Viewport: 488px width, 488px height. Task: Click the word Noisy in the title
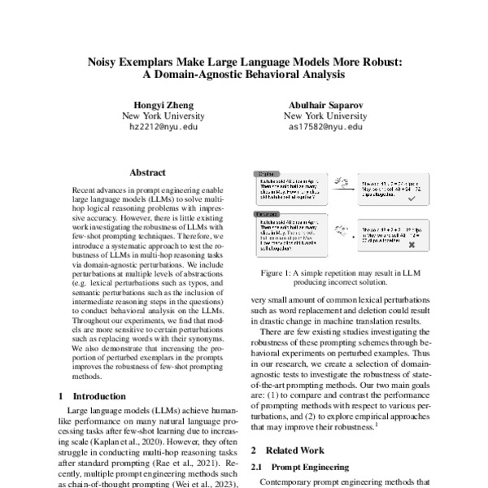click(104, 60)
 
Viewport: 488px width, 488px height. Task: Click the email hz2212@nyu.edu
click(154, 128)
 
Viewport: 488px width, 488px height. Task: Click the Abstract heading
click(147, 172)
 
